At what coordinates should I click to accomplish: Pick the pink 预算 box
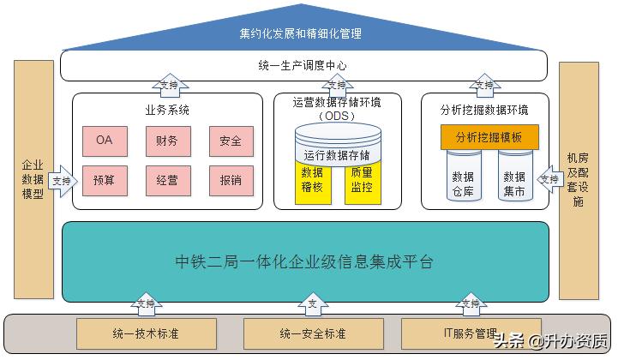coord(104,181)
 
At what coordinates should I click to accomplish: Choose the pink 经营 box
coord(167,181)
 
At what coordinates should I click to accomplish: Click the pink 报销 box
coord(230,181)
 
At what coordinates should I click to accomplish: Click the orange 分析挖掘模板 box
coord(489,137)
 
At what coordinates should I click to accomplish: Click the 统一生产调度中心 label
coord(303,66)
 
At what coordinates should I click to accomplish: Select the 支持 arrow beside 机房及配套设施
coord(547,179)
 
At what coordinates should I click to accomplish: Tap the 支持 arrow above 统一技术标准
coord(145,303)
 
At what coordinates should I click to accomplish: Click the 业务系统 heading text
coord(167,110)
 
